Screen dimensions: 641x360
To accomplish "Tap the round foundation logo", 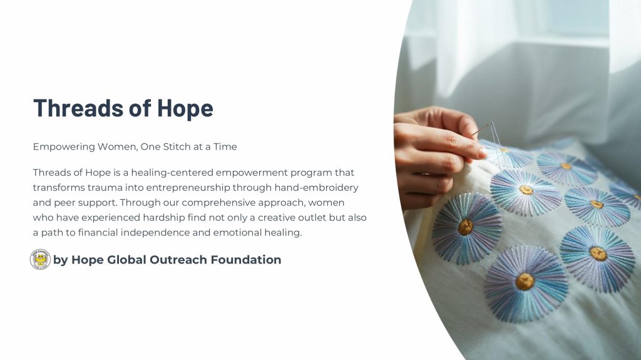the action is [40, 259].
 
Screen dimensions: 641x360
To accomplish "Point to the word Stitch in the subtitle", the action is [177, 147].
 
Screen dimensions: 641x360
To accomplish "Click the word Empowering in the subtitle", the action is [64, 147].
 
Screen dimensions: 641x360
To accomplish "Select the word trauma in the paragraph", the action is [105, 188].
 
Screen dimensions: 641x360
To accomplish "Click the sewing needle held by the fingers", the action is [481, 129].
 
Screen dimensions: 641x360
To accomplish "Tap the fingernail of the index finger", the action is [484, 153].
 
